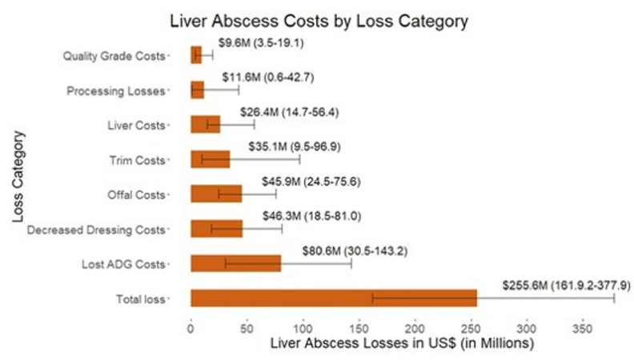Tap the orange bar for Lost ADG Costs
coord(235,263)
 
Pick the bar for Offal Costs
coord(215,194)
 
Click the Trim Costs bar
coord(210,159)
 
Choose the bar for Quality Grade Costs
coord(196,55)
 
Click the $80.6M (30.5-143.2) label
coord(355,250)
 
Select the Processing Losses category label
coord(117,90)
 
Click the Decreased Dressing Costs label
coord(96,230)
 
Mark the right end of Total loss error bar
coord(614,298)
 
